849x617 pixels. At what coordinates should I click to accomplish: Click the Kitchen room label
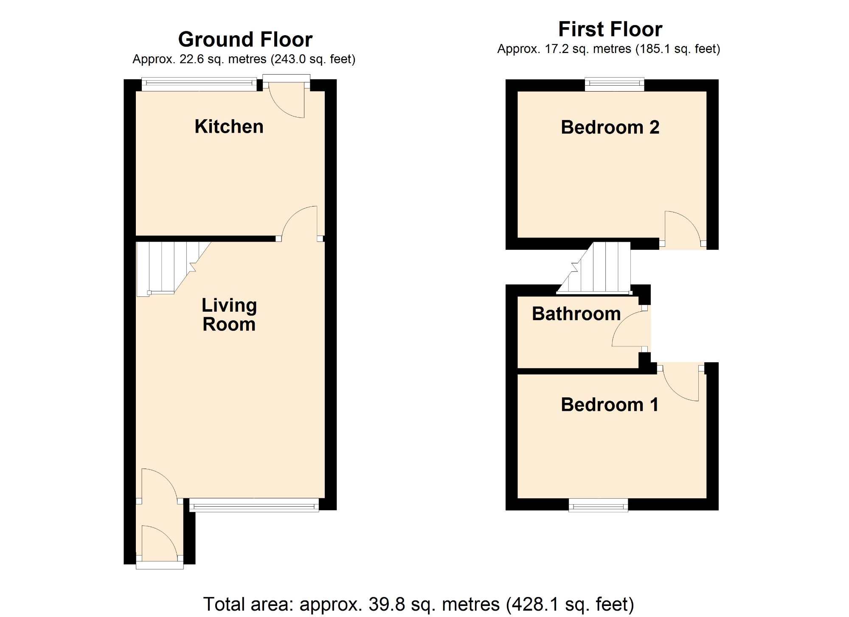tap(229, 126)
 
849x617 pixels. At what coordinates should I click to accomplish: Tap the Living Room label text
tap(229, 315)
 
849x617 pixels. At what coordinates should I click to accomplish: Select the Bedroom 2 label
tap(610, 127)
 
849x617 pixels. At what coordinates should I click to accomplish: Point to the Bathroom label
tap(576, 314)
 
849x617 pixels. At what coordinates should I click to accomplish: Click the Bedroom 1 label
tap(610, 405)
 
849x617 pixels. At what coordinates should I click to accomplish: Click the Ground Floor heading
tap(245, 39)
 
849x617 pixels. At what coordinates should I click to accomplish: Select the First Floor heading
tap(610, 29)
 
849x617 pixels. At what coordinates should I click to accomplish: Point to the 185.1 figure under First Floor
tap(655, 49)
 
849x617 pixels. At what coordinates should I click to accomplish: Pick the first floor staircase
tap(594, 268)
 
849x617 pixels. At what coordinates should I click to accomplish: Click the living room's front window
tap(254, 505)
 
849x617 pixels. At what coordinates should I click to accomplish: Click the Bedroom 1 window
tap(598, 505)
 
